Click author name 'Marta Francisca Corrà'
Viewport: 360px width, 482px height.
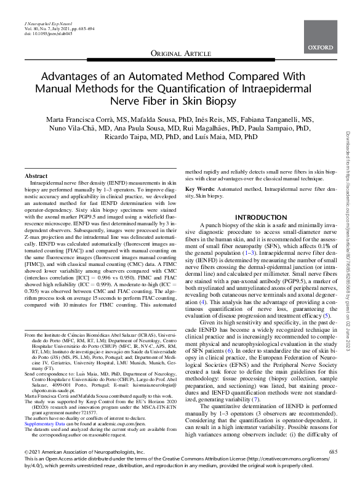pyautogui.click(x=87, y=119)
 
